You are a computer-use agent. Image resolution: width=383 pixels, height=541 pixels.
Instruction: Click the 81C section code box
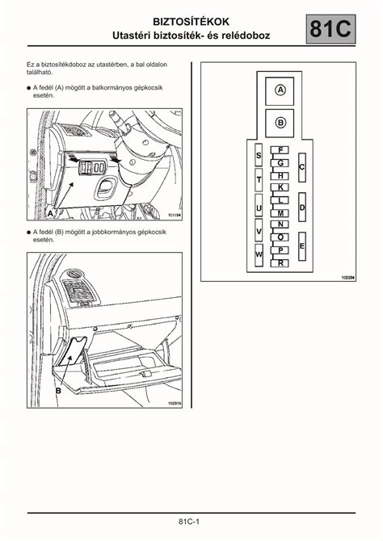click(x=330, y=29)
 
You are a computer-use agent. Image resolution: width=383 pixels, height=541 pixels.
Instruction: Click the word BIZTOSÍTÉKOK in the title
click(x=191, y=22)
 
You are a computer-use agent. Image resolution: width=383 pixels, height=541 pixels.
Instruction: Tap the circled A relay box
click(x=280, y=91)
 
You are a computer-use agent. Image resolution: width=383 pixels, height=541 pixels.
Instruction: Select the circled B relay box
click(x=280, y=123)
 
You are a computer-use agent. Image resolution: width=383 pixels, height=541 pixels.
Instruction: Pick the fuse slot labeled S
click(x=259, y=155)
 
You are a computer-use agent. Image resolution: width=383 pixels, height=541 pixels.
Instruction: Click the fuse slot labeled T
click(x=259, y=180)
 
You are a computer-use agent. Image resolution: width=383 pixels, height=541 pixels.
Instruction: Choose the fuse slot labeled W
click(x=259, y=255)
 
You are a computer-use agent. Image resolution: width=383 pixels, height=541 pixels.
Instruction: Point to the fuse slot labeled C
click(x=302, y=168)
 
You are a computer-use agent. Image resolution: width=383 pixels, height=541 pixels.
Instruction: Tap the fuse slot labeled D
click(x=302, y=207)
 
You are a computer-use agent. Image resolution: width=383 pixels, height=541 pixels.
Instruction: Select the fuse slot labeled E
click(x=302, y=246)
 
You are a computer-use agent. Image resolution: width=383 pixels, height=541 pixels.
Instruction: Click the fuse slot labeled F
click(x=280, y=150)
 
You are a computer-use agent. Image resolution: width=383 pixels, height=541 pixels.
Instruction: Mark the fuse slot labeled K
click(x=280, y=187)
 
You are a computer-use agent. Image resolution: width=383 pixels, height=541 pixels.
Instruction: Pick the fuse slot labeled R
click(x=280, y=263)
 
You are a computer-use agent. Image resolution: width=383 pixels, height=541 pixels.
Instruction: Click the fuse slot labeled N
click(x=280, y=224)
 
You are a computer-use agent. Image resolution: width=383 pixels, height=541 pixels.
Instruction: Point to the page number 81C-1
click(x=189, y=522)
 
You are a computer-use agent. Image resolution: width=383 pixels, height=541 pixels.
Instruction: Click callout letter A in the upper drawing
click(x=50, y=213)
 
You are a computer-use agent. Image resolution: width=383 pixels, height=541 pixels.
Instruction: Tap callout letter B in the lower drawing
click(x=58, y=391)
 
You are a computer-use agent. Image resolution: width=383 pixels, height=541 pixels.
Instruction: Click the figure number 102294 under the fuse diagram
click(x=348, y=277)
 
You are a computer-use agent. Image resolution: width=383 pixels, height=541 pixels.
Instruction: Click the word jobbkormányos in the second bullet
click(x=116, y=232)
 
